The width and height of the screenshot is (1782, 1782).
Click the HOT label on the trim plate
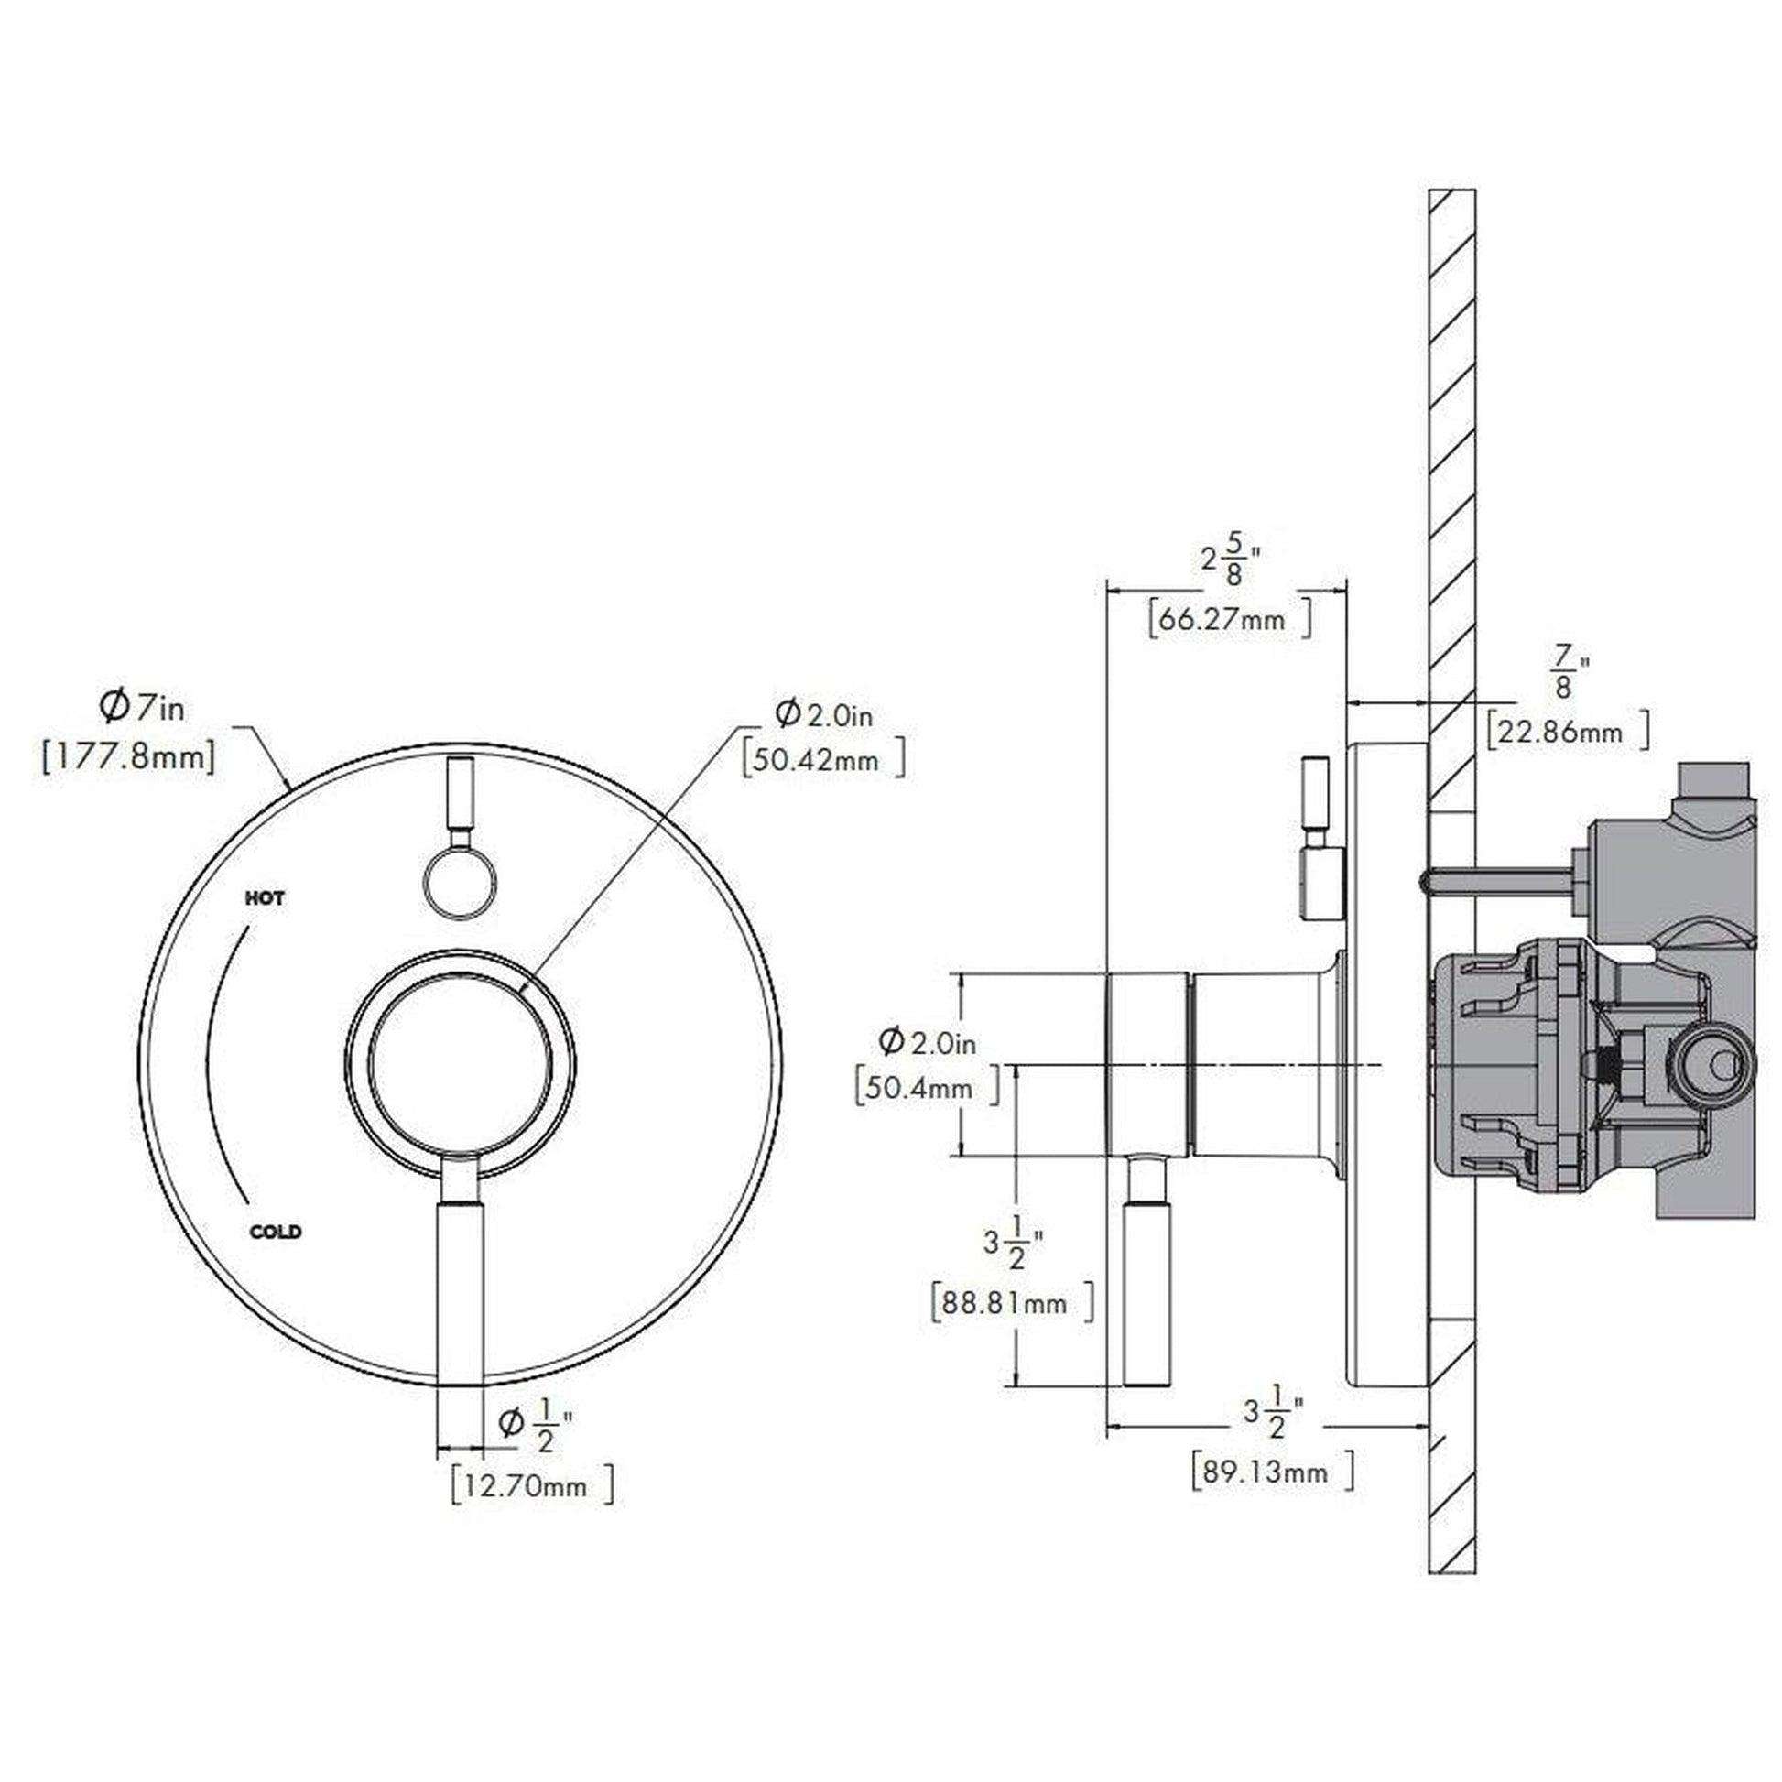[265, 897]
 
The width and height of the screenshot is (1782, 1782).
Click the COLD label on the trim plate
[276, 1232]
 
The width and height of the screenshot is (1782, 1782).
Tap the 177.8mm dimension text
[128, 758]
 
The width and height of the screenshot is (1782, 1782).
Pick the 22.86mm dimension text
[1567, 733]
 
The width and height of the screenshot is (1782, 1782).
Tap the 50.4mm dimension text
[927, 1088]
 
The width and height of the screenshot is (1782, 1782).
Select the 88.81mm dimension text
[1013, 1302]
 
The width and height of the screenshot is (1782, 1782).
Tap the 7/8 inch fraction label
[1562, 672]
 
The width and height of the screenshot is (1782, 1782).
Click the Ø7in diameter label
[142, 708]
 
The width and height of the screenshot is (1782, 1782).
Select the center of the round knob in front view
[461, 1061]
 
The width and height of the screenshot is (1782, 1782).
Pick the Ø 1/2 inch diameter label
[535, 1425]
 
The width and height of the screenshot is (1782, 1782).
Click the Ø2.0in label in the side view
[927, 1042]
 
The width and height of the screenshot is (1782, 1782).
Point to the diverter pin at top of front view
[461, 793]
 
